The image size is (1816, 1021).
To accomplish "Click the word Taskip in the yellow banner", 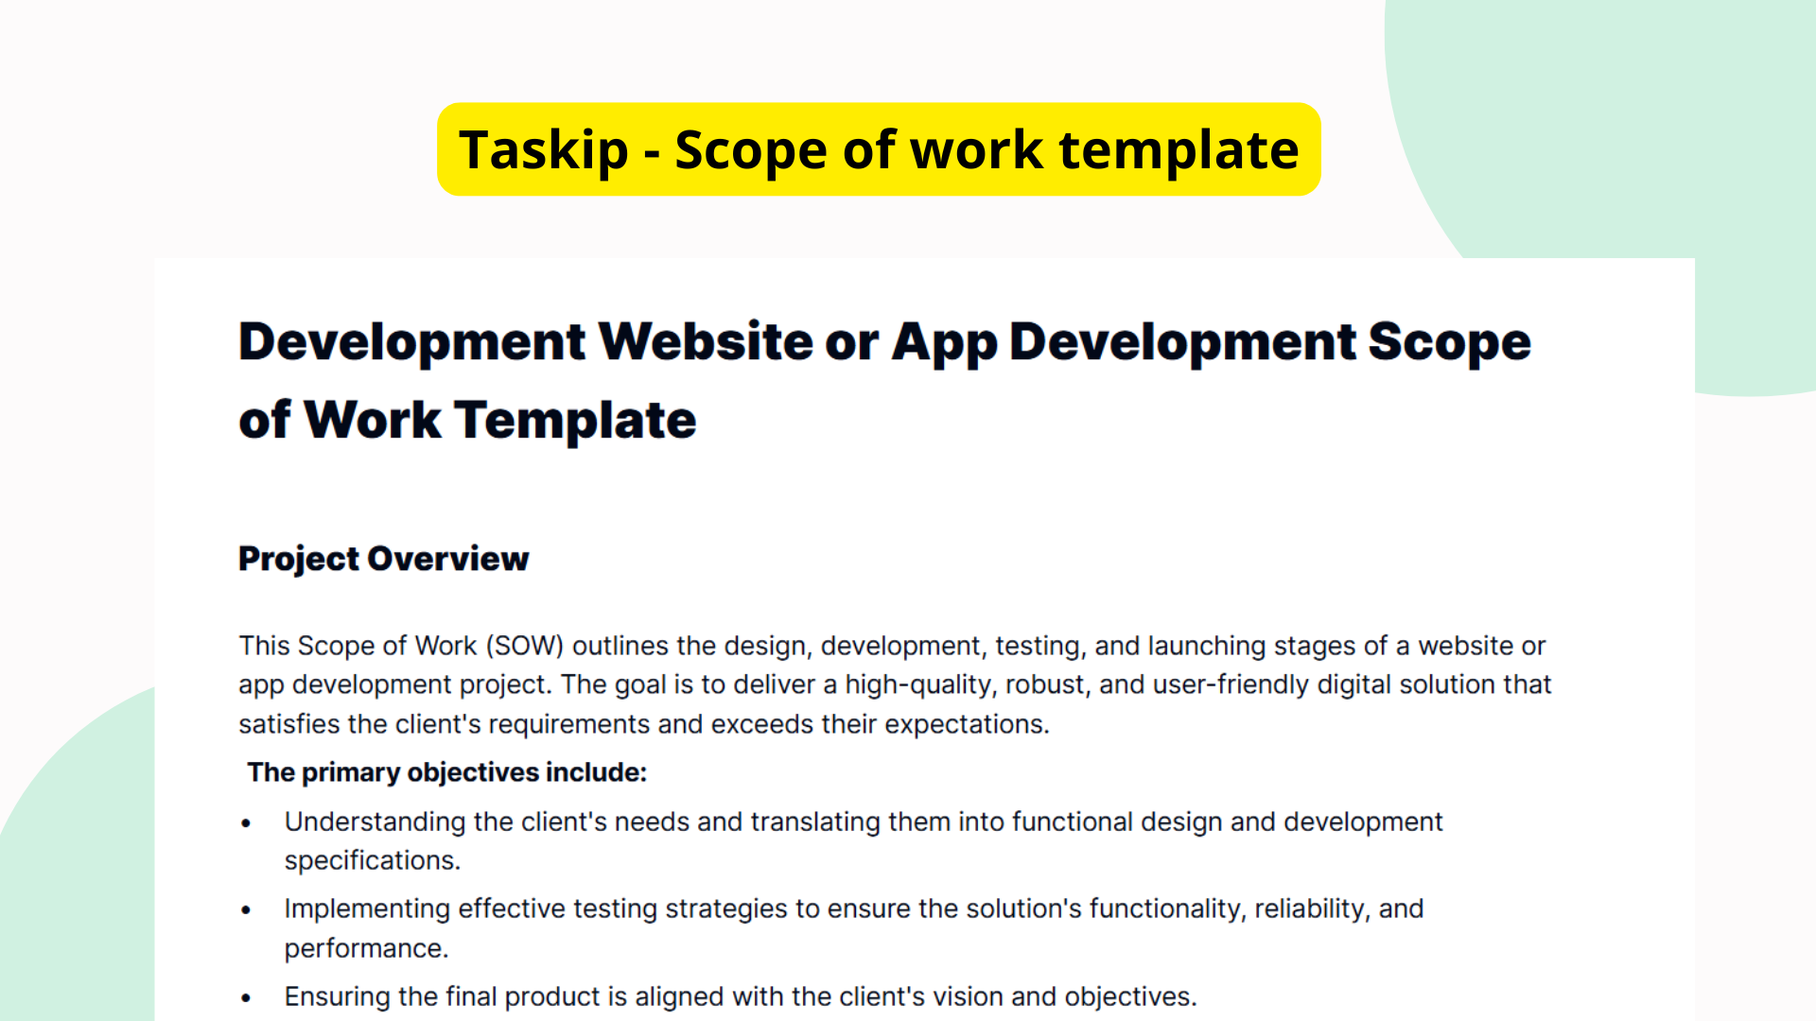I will [x=543, y=150].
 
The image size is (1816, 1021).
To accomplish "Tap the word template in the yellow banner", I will [x=1179, y=150].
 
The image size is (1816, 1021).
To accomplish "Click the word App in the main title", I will [x=943, y=341].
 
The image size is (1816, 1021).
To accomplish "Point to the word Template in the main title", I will [x=575, y=420].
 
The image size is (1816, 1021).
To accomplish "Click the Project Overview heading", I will [x=383, y=559].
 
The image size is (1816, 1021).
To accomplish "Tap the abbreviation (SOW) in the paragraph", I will [x=525, y=646].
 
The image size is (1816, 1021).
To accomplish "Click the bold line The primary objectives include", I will [x=446, y=772].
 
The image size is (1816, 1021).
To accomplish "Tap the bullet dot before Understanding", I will [x=246, y=823].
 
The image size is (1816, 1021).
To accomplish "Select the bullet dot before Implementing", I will [x=246, y=910].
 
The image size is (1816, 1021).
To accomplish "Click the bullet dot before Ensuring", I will [x=246, y=997].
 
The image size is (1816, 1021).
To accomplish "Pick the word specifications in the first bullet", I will [x=372, y=861].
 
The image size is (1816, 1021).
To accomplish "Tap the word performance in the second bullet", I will [x=365, y=948].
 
